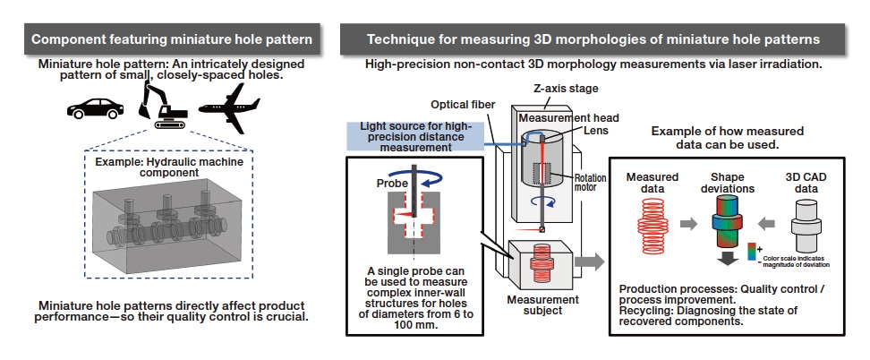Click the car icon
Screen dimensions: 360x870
click(x=96, y=107)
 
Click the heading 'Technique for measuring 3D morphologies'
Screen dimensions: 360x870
click(x=593, y=39)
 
